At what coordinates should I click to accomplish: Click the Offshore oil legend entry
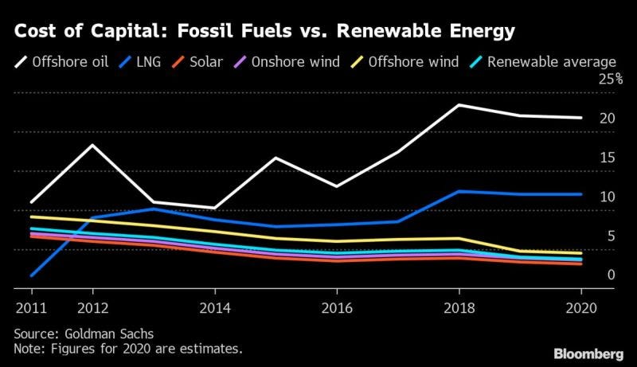(61, 62)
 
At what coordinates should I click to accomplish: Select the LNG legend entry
(140, 62)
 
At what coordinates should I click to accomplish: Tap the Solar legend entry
(197, 62)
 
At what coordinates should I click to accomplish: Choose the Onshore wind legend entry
(287, 62)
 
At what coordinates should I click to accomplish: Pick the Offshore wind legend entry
(404, 62)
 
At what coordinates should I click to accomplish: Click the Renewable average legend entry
(543, 62)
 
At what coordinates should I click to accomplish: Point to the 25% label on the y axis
(611, 79)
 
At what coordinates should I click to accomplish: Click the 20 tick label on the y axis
(608, 118)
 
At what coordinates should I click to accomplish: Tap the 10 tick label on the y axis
(608, 197)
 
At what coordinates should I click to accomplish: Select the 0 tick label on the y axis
(612, 275)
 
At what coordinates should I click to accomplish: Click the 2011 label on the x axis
(31, 308)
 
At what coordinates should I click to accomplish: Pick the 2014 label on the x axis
(215, 308)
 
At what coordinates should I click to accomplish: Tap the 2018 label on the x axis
(459, 308)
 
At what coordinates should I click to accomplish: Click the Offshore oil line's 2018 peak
(459, 105)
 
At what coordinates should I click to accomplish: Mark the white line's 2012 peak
(92, 145)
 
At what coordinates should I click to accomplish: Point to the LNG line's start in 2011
(31, 275)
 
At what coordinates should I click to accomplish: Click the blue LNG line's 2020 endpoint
(581, 194)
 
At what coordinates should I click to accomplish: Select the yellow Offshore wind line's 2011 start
(31, 217)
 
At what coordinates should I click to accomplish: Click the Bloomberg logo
(588, 354)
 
